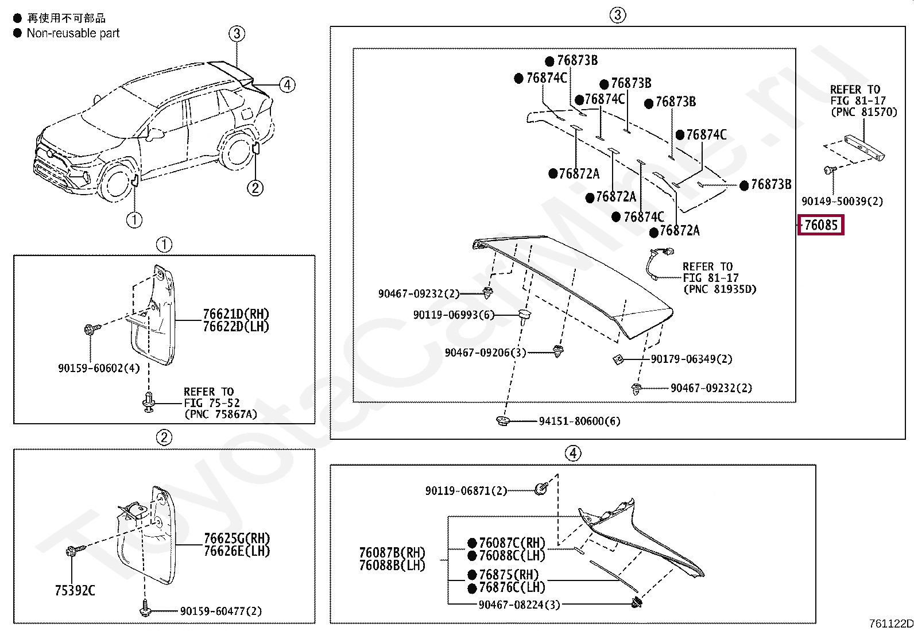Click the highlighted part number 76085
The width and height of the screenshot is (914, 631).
[x=821, y=225]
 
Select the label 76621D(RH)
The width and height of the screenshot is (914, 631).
[x=236, y=314]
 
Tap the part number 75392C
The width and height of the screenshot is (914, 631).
[x=75, y=591]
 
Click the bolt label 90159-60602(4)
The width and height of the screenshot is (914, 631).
[x=99, y=369]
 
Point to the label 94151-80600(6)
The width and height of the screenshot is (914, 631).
[x=579, y=421]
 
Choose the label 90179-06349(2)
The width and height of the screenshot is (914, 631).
[x=691, y=359]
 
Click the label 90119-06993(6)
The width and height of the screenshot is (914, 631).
[x=454, y=315]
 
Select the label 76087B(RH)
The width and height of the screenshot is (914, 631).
[x=392, y=552]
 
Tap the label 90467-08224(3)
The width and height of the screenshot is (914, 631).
[x=519, y=605]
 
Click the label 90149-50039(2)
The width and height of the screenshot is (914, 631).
[x=842, y=202]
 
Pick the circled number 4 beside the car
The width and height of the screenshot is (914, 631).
[x=287, y=85]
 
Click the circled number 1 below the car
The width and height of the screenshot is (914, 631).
[x=134, y=220]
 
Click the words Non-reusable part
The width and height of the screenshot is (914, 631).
[x=73, y=33]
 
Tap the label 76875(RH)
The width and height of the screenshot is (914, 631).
[x=509, y=575]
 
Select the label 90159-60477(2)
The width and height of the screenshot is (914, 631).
[x=220, y=611]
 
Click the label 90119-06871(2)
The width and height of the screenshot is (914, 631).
[x=466, y=491]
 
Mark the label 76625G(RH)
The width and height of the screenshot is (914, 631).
[x=237, y=539]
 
